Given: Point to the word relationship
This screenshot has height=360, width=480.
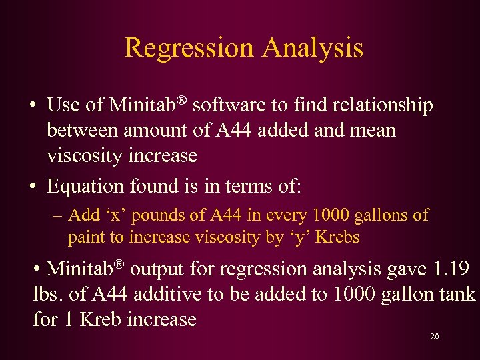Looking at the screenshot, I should [x=380, y=105].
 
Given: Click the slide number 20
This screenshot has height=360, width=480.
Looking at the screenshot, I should [x=435, y=337].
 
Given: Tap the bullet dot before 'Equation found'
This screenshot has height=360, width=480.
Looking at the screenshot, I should [x=33, y=186].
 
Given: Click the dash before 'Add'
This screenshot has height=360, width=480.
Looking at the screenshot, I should [x=57, y=216].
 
